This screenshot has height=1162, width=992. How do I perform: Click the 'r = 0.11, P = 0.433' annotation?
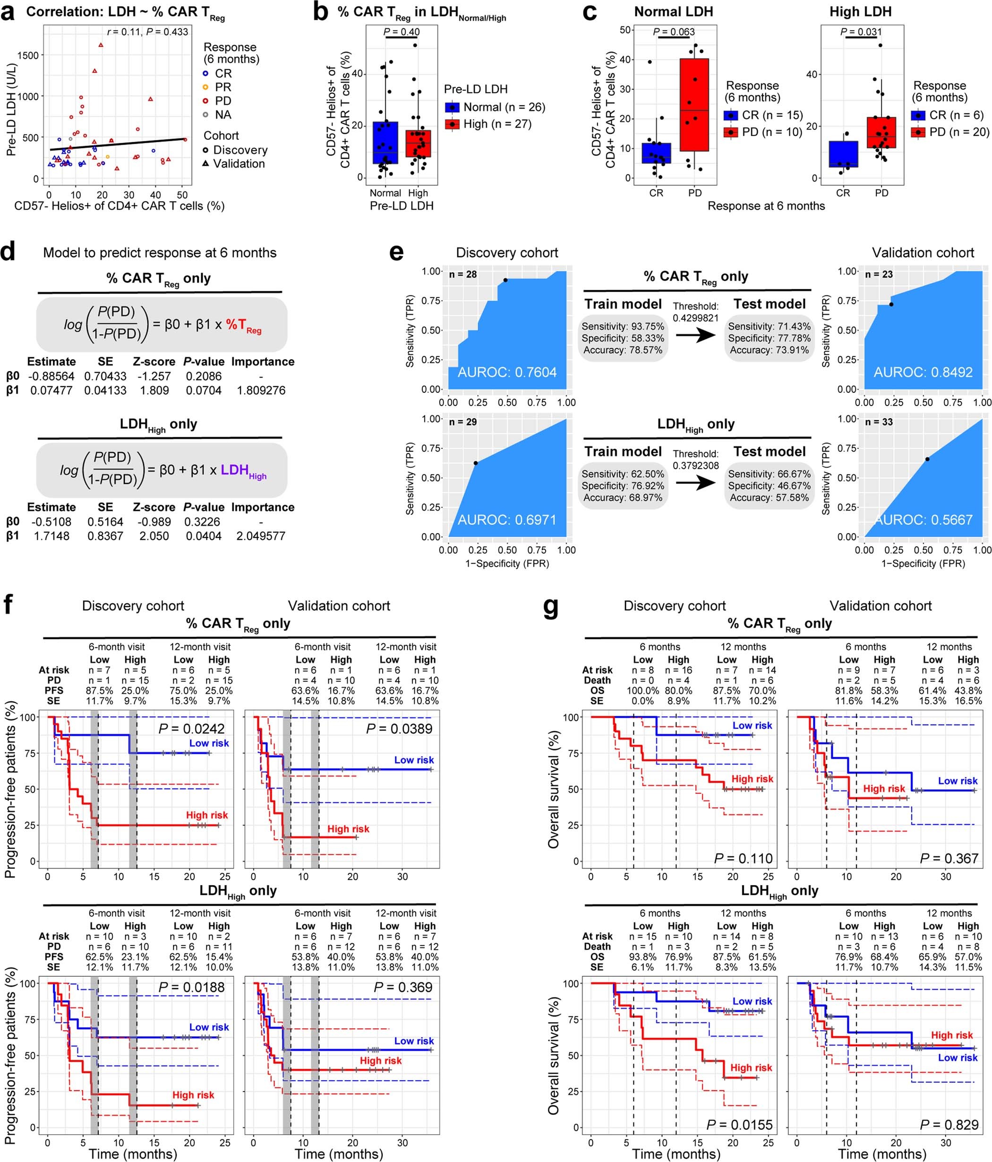click(x=147, y=32)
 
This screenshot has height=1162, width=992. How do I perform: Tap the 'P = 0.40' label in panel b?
click(x=401, y=32)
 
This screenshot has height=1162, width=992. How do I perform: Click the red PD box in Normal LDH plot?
click(x=694, y=105)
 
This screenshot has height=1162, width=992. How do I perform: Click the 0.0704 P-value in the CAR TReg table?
click(x=204, y=390)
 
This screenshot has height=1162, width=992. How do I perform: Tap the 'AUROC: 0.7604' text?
click(x=507, y=372)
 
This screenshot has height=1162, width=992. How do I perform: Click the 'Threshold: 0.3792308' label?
click(x=695, y=460)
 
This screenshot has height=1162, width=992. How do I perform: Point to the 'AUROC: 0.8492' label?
click(x=923, y=372)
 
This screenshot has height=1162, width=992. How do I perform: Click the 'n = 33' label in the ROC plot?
click(x=879, y=422)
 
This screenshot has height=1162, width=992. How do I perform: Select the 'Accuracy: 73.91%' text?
click(x=769, y=350)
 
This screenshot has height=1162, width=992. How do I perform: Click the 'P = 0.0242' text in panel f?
click(x=191, y=729)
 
